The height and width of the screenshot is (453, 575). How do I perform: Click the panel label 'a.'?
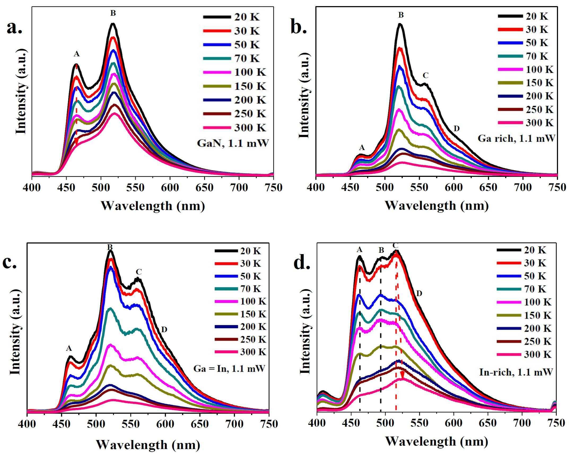coord(14,28)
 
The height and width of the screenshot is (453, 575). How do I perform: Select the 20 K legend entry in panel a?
coord(232,17)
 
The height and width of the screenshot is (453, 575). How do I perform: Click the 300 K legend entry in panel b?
coord(526,123)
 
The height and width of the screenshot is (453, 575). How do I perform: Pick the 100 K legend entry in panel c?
coord(240,301)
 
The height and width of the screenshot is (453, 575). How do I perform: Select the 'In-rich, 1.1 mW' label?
coord(516,372)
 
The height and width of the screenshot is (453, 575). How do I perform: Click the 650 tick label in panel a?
coord(204,188)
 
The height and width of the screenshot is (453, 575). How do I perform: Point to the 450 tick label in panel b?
coord(350,187)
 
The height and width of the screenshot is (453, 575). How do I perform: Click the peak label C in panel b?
coord(425,75)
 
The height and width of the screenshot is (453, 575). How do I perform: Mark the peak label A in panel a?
coord(77,54)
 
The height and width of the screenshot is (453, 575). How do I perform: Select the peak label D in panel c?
coord(164,330)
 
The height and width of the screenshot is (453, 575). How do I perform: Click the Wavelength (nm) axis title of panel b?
coord(436,205)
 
